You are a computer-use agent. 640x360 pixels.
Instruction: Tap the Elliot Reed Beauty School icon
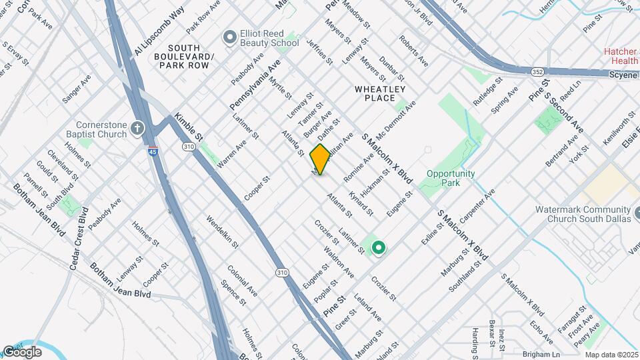pos(230,37)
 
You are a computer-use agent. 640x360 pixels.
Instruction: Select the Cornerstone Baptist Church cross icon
pos(138,127)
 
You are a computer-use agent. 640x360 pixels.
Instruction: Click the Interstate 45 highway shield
pos(153,151)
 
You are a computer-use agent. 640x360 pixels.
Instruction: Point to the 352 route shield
pos(538,71)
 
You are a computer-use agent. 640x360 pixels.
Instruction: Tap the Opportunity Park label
pos(451,178)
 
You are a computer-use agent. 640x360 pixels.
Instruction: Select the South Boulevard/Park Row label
pos(190,57)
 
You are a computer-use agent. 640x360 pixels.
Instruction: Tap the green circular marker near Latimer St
pos(379,249)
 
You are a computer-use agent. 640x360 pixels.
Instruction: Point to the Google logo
pos(22,351)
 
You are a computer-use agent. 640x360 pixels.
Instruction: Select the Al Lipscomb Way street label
pos(159,32)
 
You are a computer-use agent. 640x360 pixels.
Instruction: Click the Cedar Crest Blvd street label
pos(78,237)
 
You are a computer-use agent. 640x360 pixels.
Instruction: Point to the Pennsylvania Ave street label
pos(256,85)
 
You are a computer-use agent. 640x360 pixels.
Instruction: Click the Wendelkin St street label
pos(222,231)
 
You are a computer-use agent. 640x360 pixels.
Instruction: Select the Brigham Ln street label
pos(541,354)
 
